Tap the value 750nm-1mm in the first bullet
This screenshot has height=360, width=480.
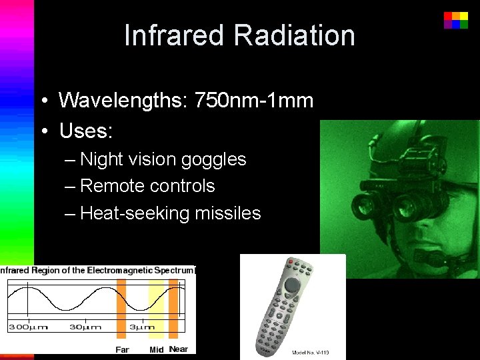(254, 101)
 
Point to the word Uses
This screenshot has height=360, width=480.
(85, 131)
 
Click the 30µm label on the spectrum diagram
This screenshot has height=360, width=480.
(86, 327)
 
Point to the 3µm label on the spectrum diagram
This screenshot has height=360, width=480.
(142, 327)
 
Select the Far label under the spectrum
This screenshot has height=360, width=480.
(122, 349)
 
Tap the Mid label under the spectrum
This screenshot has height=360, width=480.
(157, 349)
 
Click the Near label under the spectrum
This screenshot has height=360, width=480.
(179, 349)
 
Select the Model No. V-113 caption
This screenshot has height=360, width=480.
(311, 352)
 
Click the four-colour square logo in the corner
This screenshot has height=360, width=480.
(456, 20)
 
